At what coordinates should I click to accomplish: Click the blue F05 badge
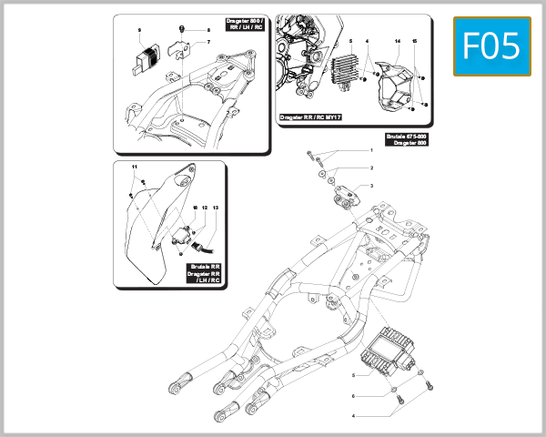(x=491, y=46)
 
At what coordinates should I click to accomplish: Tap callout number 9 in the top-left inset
(x=139, y=30)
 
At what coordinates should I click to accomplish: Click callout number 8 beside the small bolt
(x=207, y=30)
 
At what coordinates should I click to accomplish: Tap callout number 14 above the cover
(x=397, y=43)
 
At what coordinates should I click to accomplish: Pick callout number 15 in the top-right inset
(x=414, y=43)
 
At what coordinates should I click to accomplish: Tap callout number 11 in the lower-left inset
(x=133, y=168)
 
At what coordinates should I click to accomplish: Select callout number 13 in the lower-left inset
(x=216, y=208)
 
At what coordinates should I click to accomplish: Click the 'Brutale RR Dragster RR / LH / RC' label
(x=205, y=273)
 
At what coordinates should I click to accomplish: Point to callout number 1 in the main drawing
(x=371, y=149)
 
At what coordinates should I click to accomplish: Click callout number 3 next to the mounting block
(x=371, y=186)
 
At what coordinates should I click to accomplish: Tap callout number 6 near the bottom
(x=353, y=396)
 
